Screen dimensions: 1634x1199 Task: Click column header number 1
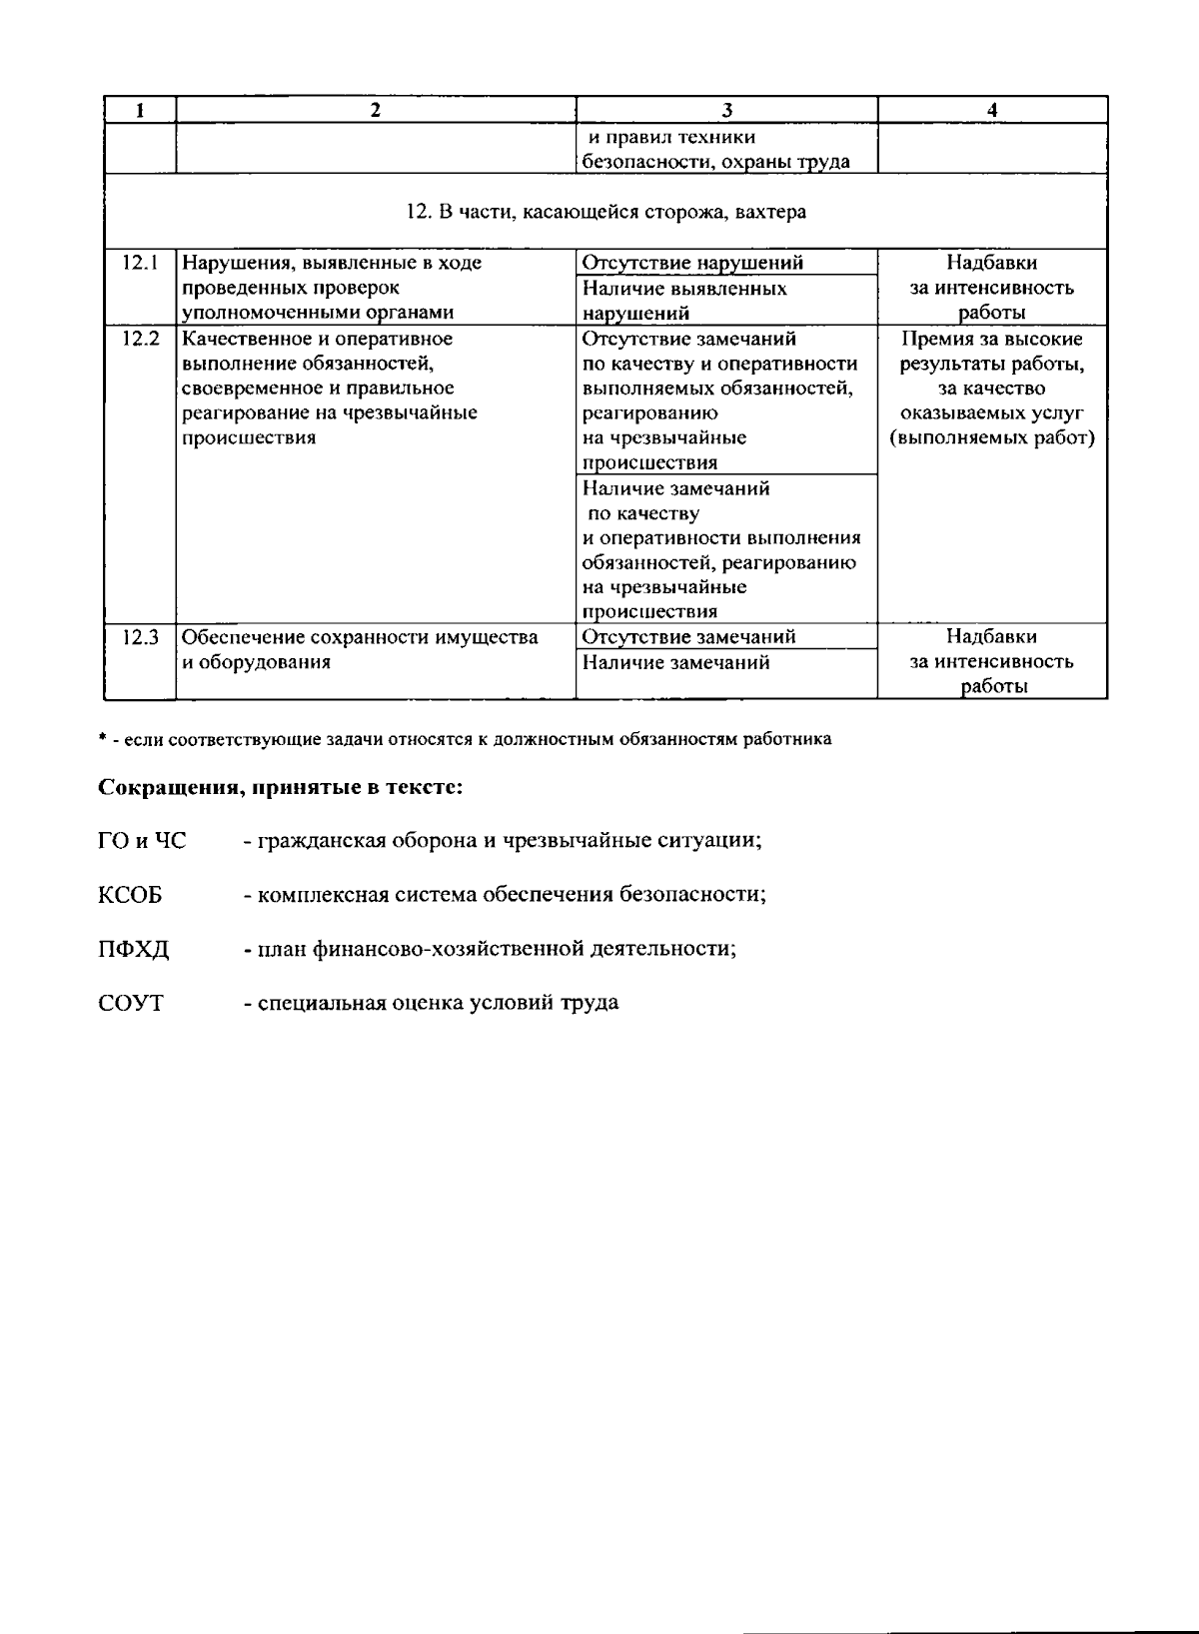[140, 111]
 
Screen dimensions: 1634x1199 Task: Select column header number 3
[726, 111]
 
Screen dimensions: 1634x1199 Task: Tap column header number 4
[991, 111]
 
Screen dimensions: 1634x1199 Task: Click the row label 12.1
[141, 263]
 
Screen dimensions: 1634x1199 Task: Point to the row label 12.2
[141, 339]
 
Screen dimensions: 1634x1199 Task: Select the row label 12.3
[141, 637]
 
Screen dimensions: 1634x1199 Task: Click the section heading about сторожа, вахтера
[606, 212]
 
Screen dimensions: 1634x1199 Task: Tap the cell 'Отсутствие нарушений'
[692, 263]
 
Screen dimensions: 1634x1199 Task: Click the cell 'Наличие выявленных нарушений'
[684, 301]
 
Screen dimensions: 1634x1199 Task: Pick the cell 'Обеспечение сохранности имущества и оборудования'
[360, 649]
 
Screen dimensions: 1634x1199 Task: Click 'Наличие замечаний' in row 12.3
[676, 662]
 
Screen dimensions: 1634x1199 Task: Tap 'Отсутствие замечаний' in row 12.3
[688, 637]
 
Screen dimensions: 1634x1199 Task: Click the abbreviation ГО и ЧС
[142, 841]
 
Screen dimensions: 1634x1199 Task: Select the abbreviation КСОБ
[130, 895]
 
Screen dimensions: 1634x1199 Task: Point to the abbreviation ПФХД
[134, 949]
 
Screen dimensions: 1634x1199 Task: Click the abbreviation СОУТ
[131, 1003]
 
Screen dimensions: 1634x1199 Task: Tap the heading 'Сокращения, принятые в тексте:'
[280, 787]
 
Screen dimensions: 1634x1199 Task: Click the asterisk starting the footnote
[102, 739]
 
